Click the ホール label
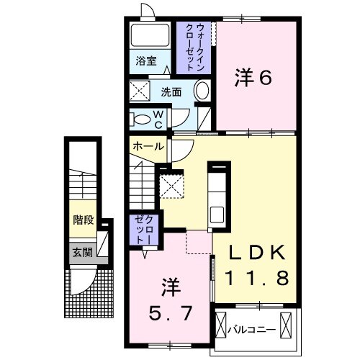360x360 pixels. coord(148,147)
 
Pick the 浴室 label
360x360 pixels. coord(147,61)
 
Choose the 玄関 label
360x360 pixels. coord(82,252)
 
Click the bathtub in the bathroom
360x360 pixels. coord(150,35)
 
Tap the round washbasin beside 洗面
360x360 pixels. coord(202,92)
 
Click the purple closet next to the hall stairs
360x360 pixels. coord(141,230)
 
